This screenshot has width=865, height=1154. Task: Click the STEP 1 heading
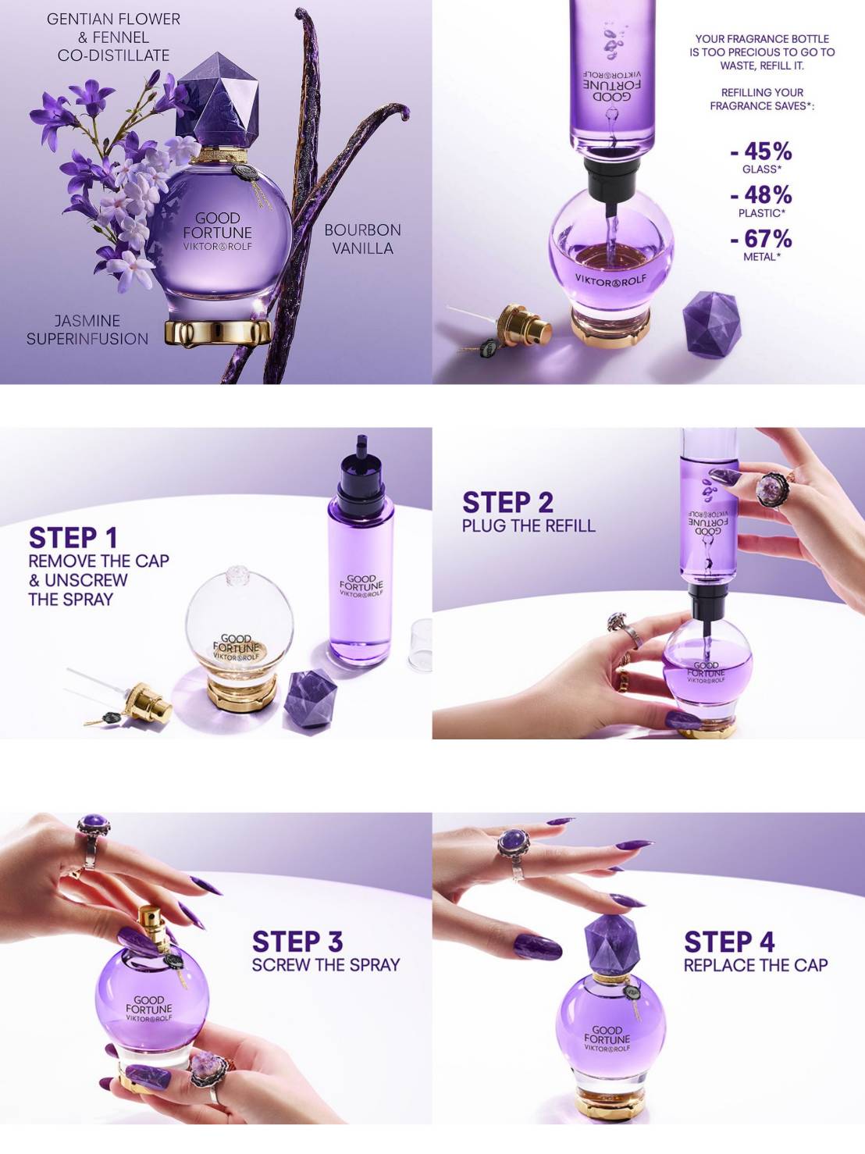point(73,538)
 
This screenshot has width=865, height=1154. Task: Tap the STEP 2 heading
point(507,502)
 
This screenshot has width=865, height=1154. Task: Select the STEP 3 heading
point(297,942)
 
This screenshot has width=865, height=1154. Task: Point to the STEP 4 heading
point(729,942)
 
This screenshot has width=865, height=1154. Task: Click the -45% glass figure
point(761,151)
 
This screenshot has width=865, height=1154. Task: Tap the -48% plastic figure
point(761,195)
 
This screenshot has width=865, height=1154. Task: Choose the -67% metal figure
point(761,239)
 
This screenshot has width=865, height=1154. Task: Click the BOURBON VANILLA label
point(362,239)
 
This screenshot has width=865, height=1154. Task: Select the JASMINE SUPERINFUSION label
point(87,329)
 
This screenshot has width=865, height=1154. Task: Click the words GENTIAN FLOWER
point(113,19)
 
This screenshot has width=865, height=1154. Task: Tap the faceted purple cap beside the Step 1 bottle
point(311,696)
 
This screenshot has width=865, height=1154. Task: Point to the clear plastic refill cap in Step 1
point(420,645)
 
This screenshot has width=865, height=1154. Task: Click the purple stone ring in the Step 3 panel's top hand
point(94,827)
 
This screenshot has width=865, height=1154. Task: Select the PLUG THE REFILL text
point(528,525)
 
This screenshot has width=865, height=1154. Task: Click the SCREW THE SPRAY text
point(326,965)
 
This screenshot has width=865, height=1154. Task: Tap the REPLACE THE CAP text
point(755,965)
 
